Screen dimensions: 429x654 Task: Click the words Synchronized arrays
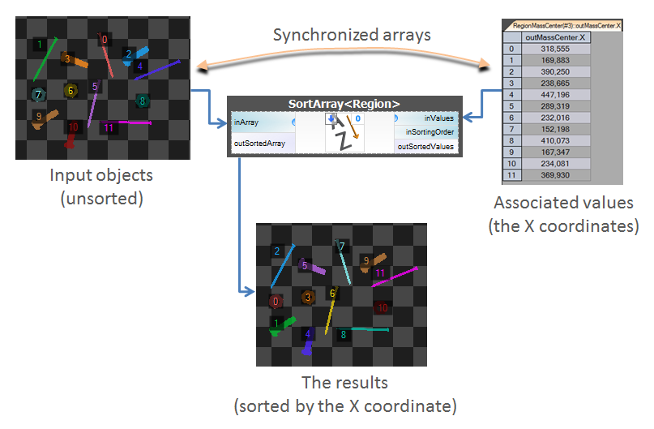tap(351, 35)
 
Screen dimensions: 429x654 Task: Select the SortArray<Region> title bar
tap(344, 104)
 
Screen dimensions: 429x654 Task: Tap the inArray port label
tap(246, 122)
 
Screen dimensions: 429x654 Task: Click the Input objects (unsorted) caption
tap(101, 186)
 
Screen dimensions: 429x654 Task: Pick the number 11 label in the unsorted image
tap(109, 127)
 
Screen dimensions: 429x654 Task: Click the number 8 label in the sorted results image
tap(343, 334)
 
